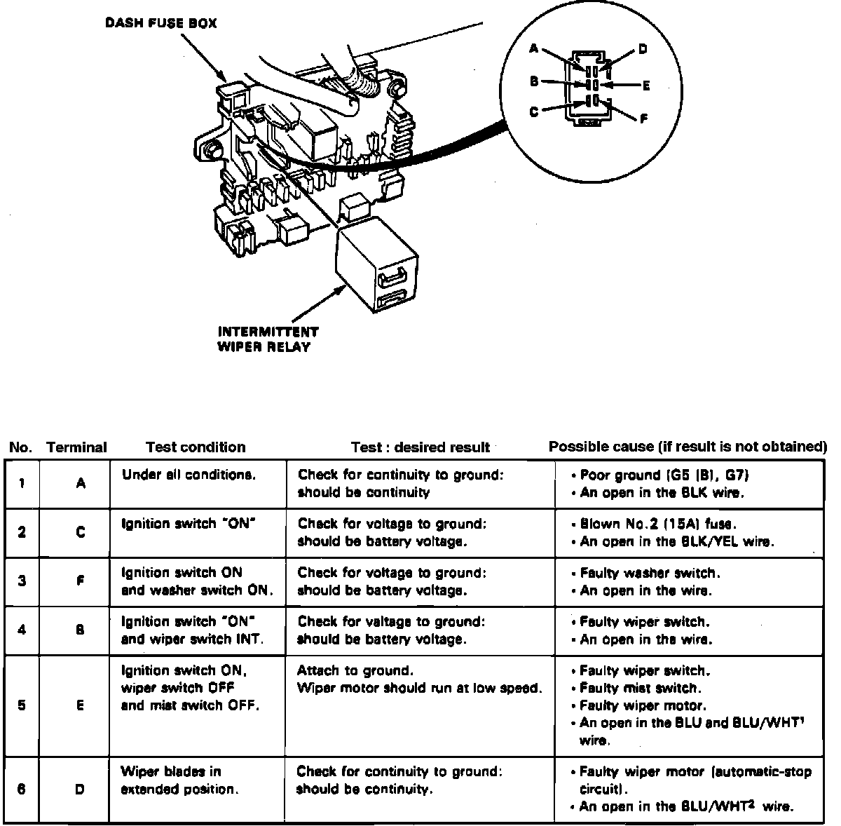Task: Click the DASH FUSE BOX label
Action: (160, 23)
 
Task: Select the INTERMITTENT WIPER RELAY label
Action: (268, 339)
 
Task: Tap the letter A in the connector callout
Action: (534, 48)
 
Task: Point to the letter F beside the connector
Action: (643, 119)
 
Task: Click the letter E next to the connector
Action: (646, 86)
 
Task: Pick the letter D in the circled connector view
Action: (642, 49)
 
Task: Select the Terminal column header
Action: (76, 447)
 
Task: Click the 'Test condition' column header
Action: (196, 447)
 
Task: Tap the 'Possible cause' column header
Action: (688, 447)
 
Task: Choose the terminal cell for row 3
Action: (80, 581)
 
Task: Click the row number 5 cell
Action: (22, 705)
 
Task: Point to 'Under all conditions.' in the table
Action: (189, 475)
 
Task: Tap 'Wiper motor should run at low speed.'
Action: (419, 688)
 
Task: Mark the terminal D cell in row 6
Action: (80, 790)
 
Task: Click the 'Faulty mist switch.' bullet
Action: (640, 688)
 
